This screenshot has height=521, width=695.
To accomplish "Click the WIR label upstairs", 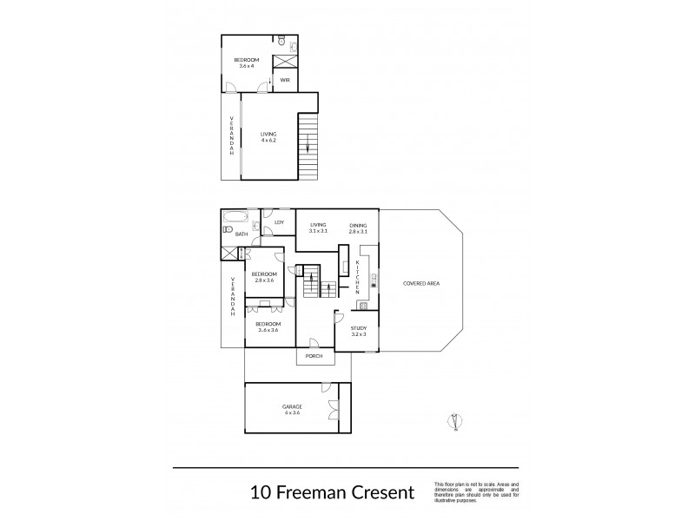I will pos(284,80).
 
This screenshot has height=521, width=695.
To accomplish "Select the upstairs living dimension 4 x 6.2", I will pos(268,140).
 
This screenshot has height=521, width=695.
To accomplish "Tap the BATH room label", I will pos(241,234).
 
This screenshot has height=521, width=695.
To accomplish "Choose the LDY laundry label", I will pos(279,223).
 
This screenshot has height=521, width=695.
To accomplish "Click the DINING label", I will pos(358,225).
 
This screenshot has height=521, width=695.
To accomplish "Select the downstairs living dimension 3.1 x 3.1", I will pos(318,232).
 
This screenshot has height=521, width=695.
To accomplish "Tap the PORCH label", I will pos(314,356).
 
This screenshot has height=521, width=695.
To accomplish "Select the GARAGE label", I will pos(291,406).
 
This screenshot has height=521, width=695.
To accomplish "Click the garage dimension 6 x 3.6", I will pos(291,413).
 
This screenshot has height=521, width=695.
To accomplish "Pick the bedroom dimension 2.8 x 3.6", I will pos(263,280).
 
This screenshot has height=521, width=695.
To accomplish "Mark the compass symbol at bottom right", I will pos(453,421).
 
